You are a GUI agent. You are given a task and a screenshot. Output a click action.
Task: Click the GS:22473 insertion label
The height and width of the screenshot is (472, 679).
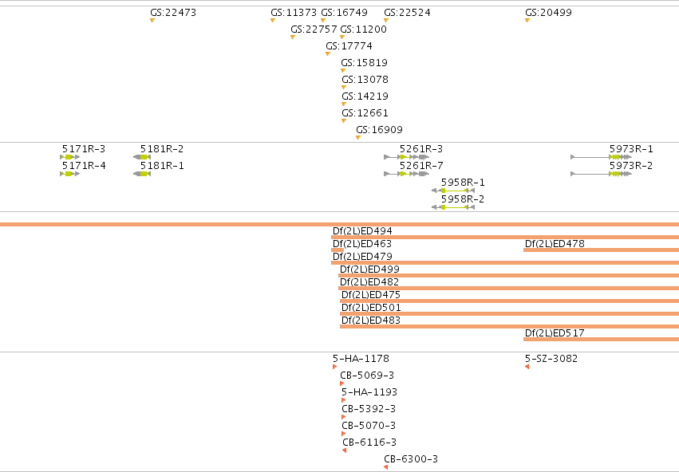click(173, 13)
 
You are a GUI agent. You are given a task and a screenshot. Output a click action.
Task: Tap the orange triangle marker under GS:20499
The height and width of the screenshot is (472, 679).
click(527, 21)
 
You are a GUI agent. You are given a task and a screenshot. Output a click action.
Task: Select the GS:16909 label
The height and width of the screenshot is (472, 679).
click(379, 130)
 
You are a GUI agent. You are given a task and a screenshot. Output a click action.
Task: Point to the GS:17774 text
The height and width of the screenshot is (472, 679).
click(349, 46)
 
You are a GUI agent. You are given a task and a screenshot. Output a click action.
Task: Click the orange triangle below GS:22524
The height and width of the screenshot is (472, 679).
click(386, 21)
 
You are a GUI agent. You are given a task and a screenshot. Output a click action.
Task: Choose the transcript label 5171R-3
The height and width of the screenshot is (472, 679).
click(84, 149)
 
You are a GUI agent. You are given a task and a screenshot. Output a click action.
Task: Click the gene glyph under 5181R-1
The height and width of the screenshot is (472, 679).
click(142, 174)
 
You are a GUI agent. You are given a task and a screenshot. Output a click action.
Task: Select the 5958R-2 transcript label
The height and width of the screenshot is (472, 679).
click(463, 199)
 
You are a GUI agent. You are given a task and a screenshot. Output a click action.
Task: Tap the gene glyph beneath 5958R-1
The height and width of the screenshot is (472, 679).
click(453, 191)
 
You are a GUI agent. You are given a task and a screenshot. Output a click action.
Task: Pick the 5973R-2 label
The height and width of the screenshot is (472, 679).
click(631, 166)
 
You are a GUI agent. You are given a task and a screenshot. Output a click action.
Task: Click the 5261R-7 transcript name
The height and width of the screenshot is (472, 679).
click(421, 166)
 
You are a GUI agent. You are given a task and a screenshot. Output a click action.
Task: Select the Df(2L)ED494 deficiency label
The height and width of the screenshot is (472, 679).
click(362, 231)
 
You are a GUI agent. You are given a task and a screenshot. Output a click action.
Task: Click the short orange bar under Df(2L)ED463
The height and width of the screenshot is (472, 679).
click(338, 250)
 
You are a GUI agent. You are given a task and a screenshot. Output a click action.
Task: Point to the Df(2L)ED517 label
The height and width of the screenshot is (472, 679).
click(555, 333)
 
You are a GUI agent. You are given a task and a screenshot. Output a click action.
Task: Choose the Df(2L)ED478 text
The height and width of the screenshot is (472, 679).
click(555, 244)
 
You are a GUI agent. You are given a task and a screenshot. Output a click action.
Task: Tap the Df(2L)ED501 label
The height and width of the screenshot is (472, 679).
click(371, 308)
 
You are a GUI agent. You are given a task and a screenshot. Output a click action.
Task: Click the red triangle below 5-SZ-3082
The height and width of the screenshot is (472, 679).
click(527, 367)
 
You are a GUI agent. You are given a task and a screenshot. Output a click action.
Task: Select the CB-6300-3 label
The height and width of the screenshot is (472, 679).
click(411, 459)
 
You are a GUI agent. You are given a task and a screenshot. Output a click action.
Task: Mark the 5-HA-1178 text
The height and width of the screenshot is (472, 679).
click(361, 359)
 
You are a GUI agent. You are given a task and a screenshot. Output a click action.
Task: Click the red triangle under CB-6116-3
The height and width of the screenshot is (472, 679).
click(344, 450)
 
